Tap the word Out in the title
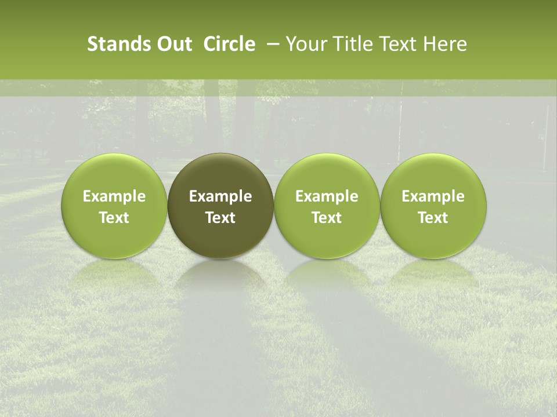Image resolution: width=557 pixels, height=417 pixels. pos(173,44)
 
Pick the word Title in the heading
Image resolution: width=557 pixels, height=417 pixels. pos(351,44)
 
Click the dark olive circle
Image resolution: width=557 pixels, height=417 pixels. pos(220,206)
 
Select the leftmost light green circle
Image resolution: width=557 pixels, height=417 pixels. pos(114,206)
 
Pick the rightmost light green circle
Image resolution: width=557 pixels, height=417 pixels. pos(433,206)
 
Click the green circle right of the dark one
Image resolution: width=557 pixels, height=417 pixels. pos(327,206)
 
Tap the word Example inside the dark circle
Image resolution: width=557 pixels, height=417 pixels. pos(220,196)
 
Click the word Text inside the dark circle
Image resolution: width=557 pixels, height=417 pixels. pos(220,218)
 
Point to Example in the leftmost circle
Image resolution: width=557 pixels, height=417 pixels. pos(114,196)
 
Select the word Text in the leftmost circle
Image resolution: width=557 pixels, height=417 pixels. pos(114,218)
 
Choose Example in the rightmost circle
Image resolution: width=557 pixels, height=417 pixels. pos(433,196)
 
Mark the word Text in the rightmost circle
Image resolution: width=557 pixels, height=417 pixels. pos(433,218)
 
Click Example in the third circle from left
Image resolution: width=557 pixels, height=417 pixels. pos(327,196)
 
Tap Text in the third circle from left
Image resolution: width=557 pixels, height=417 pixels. pos(327,218)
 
